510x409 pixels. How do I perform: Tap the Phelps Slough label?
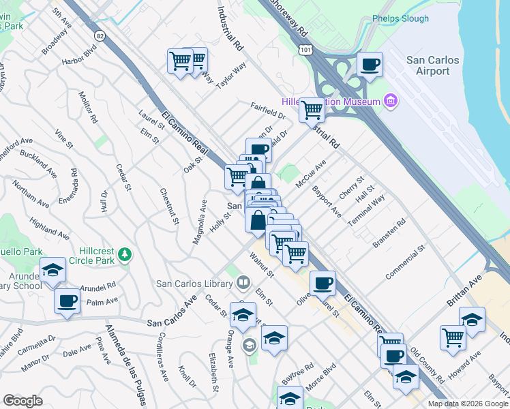click(400, 19)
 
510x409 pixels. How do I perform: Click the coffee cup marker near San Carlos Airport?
click(370, 65)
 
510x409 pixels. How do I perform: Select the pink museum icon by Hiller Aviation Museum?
click(391, 102)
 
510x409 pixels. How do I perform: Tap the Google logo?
click(23, 401)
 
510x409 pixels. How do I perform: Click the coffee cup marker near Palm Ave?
click(67, 301)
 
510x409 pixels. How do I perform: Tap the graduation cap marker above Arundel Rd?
click(52, 270)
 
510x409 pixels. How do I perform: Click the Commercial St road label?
click(404, 262)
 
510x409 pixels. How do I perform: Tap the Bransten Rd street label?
click(389, 233)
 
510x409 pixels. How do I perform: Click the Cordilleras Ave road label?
click(164, 356)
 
